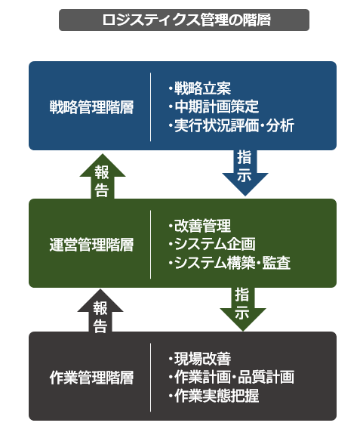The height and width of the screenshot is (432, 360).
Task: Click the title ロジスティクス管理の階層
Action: pyautogui.click(x=186, y=20)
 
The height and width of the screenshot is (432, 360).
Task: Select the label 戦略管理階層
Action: pyautogui.click(x=91, y=107)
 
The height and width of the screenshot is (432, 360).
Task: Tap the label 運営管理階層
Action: pyautogui.click(x=91, y=245)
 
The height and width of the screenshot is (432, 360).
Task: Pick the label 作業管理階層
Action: pyautogui.click(x=91, y=378)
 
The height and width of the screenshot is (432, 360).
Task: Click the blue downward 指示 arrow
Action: pyautogui.click(x=245, y=173)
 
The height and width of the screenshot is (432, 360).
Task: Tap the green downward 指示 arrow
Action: pyautogui.click(x=243, y=309)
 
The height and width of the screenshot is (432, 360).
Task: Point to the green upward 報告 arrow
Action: pyautogui.click(x=103, y=176)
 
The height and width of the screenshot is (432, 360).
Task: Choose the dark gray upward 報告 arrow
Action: pyautogui.click(x=100, y=310)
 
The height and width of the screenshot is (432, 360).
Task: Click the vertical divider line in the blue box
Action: pyautogui.click(x=150, y=107)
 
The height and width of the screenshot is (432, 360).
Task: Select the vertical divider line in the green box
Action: pyautogui.click(x=150, y=245)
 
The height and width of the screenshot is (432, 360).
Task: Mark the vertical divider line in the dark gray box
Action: pyautogui.click(x=150, y=378)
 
